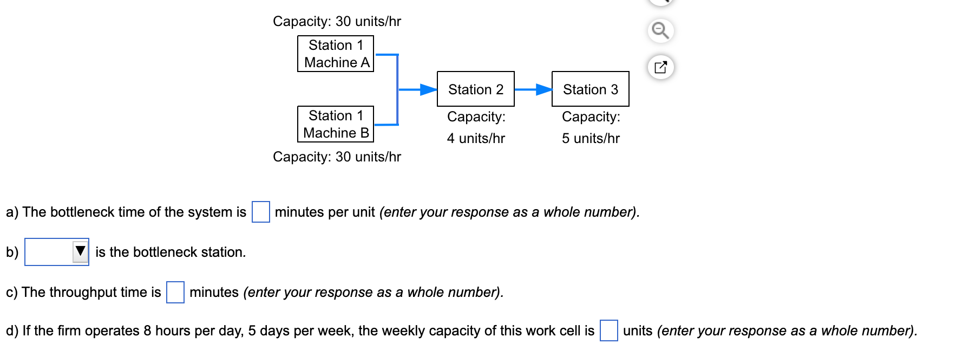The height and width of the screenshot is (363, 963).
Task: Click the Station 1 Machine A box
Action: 336,54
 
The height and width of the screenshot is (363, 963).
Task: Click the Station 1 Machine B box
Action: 336,124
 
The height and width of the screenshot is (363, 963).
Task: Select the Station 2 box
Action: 475,89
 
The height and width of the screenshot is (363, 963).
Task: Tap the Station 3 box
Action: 590,89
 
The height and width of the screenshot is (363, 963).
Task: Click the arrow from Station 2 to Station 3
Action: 533,89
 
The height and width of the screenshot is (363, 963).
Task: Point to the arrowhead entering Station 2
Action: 429,89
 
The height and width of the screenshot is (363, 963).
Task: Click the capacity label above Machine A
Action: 337,21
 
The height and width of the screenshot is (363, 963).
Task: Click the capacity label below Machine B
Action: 337,157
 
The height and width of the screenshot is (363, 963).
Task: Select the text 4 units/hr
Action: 476,138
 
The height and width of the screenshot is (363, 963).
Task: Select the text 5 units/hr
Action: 591,138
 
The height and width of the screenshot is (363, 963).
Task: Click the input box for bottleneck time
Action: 260,212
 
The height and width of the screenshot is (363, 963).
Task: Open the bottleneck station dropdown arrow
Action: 81,251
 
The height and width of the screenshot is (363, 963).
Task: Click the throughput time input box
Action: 175,292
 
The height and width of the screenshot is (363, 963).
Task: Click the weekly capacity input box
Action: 608,330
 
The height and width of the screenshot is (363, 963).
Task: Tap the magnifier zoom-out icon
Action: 660,30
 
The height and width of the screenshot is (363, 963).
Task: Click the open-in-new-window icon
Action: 660,67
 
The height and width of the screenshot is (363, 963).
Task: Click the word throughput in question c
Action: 83,292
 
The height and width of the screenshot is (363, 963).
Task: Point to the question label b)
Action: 12,252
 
